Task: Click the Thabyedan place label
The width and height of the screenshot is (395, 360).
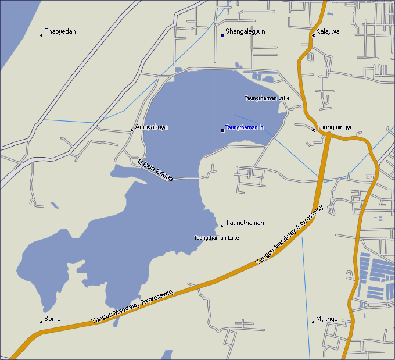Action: click(x=60, y=31)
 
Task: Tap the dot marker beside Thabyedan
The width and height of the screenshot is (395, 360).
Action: click(x=41, y=35)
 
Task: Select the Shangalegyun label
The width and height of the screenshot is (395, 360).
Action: click(x=245, y=31)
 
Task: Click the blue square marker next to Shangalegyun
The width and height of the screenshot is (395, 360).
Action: click(x=222, y=35)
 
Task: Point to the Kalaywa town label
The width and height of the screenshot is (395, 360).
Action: click(x=328, y=31)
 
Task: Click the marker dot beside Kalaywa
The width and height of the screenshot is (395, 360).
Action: click(x=314, y=35)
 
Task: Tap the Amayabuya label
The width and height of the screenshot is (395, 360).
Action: click(x=152, y=127)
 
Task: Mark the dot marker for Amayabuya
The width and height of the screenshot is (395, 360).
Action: click(x=132, y=130)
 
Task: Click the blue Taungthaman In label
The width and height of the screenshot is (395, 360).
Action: click(x=245, y=127)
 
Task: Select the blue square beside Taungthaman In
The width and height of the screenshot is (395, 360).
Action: click(x=222, y=130)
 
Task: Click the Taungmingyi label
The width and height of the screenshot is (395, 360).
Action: click(x=334, y=127)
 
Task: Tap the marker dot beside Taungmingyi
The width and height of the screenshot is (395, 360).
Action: click(x=314, y=130)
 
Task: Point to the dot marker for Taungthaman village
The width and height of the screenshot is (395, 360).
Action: click(x=221, y=226)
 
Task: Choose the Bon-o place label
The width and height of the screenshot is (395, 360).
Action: click(x=52, y=319)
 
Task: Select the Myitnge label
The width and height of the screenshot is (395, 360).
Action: click(x=326, y=319)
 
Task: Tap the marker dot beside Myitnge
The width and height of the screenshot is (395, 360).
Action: click(x=313, y=322)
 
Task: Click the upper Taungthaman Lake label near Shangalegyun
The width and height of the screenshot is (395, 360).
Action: click(x=267, y=98)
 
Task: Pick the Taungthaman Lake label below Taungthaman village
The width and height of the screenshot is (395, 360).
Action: click(x=217, y=238)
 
